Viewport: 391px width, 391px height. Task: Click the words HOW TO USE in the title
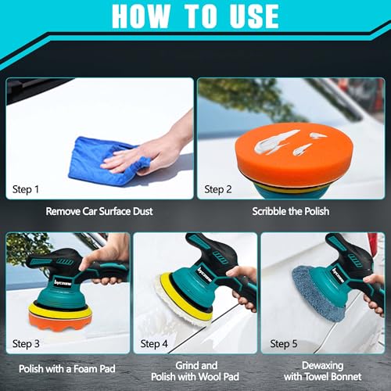point(195,16)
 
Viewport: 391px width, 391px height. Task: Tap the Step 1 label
point(26,189)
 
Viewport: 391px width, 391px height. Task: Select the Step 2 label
point(218,189)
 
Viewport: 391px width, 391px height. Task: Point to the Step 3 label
point(26,344)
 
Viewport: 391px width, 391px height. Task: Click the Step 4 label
point(154,344)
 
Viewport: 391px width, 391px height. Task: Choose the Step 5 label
point(284,344)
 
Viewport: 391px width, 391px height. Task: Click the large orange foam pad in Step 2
point(294,154)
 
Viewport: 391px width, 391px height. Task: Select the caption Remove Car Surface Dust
point(99,211)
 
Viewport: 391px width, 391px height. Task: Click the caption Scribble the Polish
point(291,211)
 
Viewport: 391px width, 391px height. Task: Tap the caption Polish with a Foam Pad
point(67,369)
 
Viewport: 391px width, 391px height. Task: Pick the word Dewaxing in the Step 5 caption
point(322,366)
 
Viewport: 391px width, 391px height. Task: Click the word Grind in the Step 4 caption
point(185,365)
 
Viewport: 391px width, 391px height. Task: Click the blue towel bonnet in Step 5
point(313,295)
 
